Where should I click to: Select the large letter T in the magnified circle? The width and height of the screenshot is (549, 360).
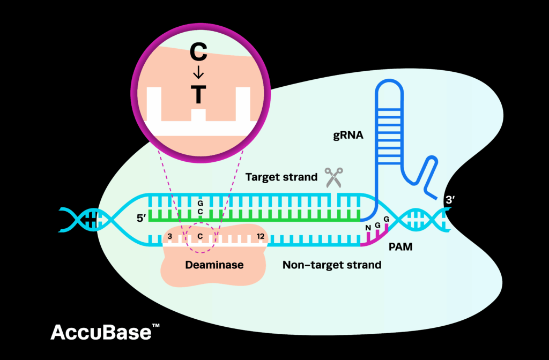click(x=198, y=94)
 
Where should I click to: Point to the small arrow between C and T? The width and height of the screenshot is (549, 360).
click(x=198, y=74)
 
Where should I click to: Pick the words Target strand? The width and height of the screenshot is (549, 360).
click(x=281, y=176)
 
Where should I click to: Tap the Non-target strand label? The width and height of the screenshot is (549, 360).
click(x=332, y=265)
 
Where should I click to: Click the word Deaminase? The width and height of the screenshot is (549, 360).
click(x=214, y=265)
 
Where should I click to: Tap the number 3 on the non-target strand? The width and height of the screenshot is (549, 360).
click(x=169, y=236)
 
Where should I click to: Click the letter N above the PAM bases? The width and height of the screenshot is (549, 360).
click(x=368, y=227)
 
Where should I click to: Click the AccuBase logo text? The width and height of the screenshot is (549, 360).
click(x=101, y=332)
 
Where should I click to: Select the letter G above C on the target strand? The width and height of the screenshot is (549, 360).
click(x=200, y=204)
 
